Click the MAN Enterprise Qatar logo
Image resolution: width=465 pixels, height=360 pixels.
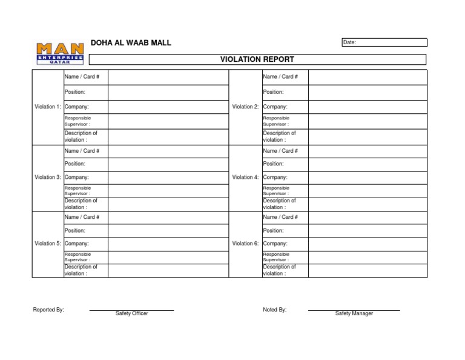point(60,53)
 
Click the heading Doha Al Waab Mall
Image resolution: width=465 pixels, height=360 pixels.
point(131,42)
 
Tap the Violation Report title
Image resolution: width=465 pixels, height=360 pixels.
point(257,59)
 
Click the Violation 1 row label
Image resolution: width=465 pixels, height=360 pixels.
point(48,107)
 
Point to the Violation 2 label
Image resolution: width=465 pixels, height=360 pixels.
point(245,107)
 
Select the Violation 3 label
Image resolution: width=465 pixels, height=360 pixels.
point(48,178)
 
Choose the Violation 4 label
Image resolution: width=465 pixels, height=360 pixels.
point(245,178)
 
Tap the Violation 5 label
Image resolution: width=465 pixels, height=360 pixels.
point(48,244)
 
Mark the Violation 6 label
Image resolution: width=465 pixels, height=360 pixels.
point(245,244)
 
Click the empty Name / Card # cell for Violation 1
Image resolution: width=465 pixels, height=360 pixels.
point(168,77)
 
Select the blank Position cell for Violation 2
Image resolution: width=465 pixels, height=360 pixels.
point(367,92)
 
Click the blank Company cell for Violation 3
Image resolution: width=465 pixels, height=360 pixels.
point(168,178)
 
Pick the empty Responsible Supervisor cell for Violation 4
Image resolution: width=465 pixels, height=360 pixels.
point(367,191)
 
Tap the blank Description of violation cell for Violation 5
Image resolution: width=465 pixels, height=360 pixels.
point(168,270)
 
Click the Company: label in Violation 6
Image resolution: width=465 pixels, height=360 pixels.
point(275,244)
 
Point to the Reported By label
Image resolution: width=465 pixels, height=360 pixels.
point(48,310)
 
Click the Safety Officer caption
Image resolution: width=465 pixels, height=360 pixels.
point(131,313)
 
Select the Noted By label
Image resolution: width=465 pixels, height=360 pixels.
point(274,310)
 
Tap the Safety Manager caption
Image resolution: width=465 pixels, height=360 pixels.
point(354,313)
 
